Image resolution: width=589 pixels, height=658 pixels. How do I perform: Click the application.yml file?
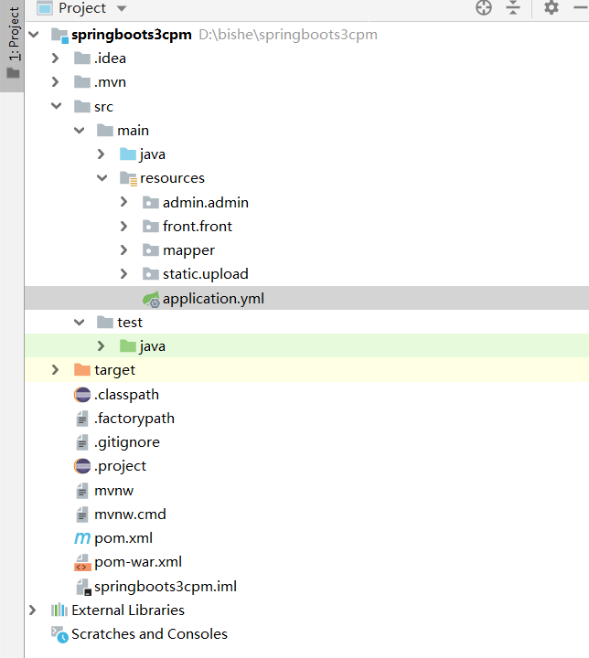(213, 298)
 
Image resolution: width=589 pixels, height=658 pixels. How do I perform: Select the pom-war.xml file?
(137, 561)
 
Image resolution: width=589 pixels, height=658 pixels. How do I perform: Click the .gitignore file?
(127, 441)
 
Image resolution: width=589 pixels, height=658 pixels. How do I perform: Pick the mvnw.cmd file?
(130, 514)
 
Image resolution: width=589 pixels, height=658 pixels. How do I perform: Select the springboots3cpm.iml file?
(165, 586)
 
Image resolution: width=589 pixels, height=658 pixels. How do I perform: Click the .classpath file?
(126, 394)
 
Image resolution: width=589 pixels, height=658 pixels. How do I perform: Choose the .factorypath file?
(134, 418)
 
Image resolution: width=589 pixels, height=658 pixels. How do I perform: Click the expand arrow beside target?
(56, 370)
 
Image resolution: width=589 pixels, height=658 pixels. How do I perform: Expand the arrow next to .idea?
(56, 58)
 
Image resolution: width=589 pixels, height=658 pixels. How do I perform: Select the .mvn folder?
(110, 82)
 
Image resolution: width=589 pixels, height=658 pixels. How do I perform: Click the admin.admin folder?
(205, 202)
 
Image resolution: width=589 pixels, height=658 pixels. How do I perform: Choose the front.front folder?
(197, 226)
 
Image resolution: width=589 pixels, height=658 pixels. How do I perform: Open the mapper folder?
(188, 249)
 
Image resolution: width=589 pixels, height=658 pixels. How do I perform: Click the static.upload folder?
(205, 273)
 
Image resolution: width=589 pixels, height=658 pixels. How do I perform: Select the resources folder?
(172, 178)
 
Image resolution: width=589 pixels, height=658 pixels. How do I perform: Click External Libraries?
(127, 610)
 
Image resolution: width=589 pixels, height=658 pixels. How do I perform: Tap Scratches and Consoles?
(149, 633)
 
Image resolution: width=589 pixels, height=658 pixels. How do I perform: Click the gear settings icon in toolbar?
(551, 8)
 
